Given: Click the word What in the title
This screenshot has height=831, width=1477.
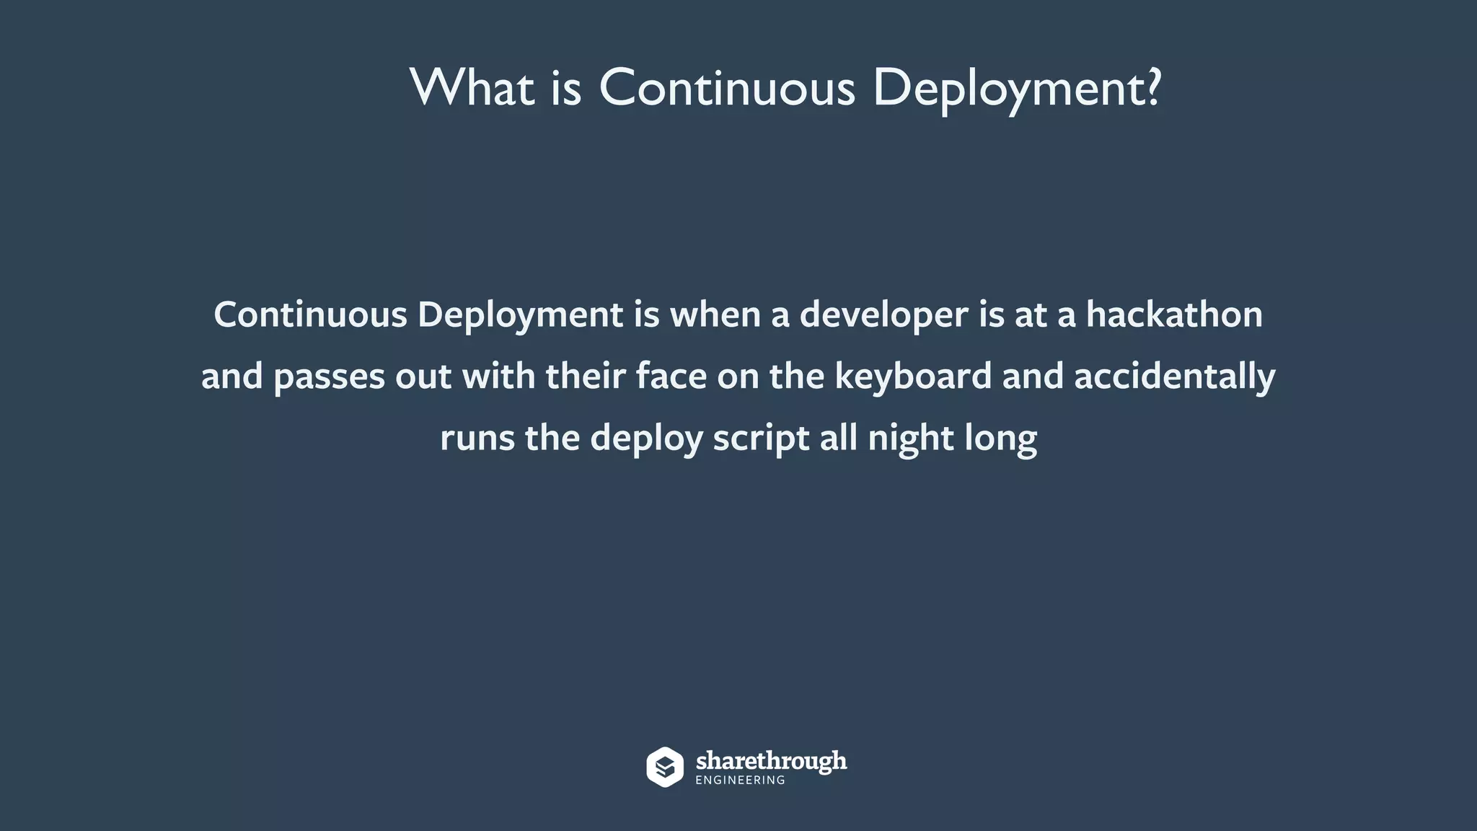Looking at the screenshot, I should tap(472, 88).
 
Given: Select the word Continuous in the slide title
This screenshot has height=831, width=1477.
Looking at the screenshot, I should tap(727, 88).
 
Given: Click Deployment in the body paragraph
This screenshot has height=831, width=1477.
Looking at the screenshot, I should tap(520, 315).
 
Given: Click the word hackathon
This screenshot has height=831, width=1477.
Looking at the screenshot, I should tap(1174, 315).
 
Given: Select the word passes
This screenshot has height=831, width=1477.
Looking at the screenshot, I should tap(330, 377).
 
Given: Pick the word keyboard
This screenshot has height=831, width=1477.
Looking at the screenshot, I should tap(913, 377).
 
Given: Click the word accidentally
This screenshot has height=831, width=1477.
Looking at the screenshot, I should tap(1175, 377).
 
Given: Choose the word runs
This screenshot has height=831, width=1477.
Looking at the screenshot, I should tap(477, 438).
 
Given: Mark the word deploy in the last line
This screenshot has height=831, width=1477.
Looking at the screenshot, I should tap(646, 438).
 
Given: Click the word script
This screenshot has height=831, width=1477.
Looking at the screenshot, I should tap(761, 438).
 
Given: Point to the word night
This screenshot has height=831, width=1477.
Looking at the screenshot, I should tap(911, 438).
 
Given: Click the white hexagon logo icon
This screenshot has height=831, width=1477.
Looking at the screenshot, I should tap(664, 767).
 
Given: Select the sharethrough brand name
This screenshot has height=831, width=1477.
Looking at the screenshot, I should tap(771, 761).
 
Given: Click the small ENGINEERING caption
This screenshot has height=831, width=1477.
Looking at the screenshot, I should tap(740, 781).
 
